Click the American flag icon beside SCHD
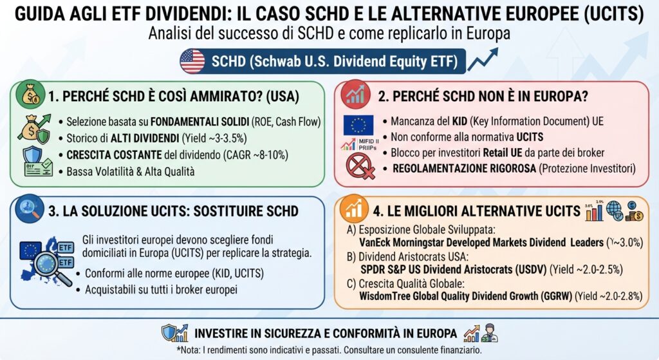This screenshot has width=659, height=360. (192, 61)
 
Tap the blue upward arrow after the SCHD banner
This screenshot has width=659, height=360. (483, 59)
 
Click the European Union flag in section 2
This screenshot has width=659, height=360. (358, 125)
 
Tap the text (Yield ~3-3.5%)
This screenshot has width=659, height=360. (214, 138)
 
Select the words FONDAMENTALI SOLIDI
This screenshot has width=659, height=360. (200, 122)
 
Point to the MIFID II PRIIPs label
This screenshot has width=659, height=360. (368, 145)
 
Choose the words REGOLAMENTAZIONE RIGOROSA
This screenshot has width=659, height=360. (464, 169)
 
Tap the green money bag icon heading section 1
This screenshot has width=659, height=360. (30, 94)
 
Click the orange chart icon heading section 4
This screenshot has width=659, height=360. (353, 209)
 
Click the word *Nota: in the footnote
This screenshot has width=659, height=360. (189, 350)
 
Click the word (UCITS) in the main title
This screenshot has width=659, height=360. (613, 14)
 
